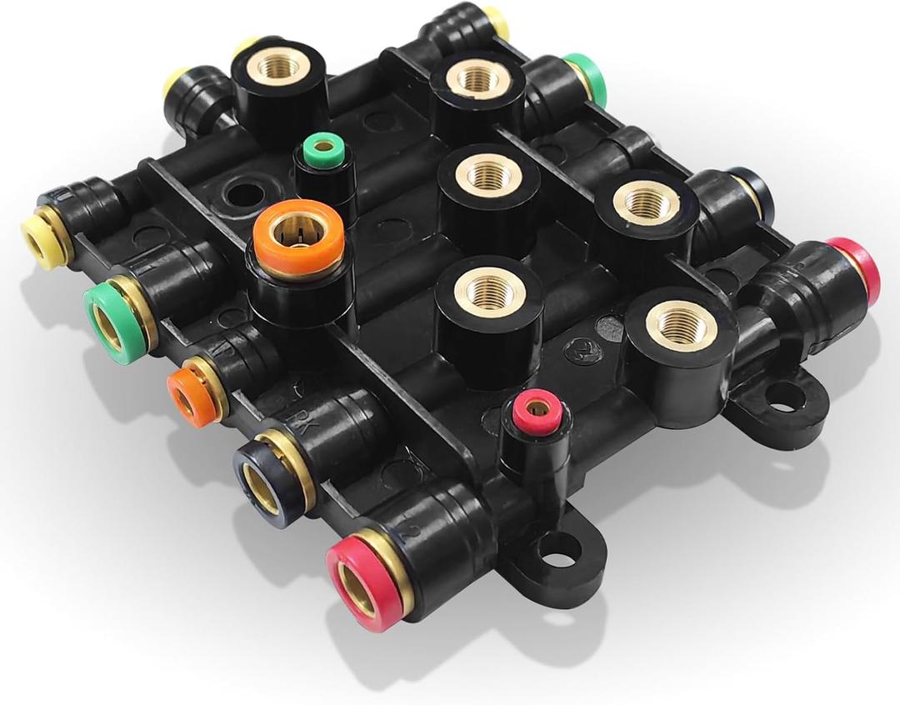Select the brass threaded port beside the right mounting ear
pyautogui.click(x=682, y=324)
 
